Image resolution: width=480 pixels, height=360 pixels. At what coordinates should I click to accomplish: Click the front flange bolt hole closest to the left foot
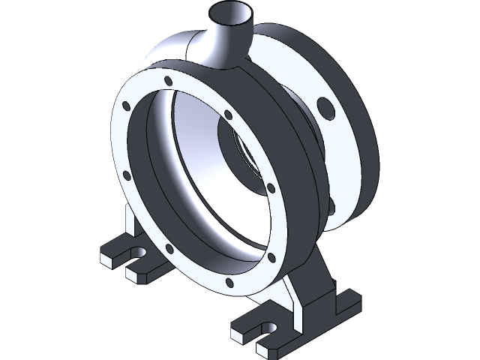[167, 247]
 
